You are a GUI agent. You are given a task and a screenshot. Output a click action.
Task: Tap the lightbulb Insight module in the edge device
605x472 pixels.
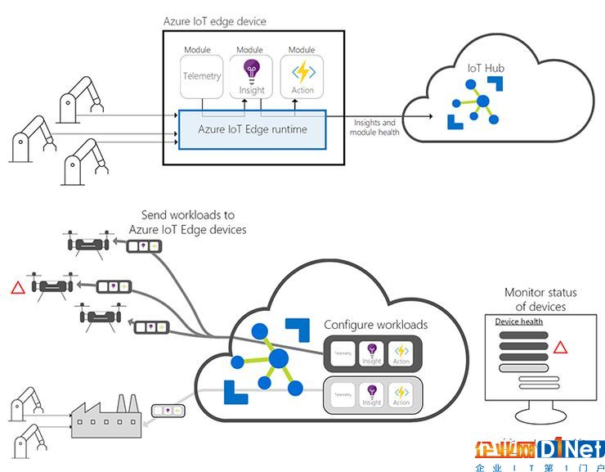click(x=252, y=77)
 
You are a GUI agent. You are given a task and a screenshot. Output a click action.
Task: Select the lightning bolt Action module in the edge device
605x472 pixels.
click(x=302, y=77)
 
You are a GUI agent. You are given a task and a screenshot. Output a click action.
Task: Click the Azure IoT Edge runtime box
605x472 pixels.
click(x=252, y=129)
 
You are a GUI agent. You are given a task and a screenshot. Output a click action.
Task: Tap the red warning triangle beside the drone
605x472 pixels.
click(x=16, y=287)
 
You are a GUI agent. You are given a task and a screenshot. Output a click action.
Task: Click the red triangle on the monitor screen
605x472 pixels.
click(x=560, y=347)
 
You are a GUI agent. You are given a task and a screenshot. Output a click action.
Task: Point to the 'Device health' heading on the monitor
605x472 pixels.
click(x=518, y=321)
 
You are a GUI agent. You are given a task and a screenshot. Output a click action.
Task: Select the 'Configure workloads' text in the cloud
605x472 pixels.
click(x=375, y=325)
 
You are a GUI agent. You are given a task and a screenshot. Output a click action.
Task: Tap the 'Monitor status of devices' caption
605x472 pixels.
click(x=540, y=299)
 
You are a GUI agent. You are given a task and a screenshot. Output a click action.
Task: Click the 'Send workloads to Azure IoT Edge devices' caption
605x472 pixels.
click(x=187, y=223)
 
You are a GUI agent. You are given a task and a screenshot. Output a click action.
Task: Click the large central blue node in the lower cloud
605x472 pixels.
click(x=278, y=357)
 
